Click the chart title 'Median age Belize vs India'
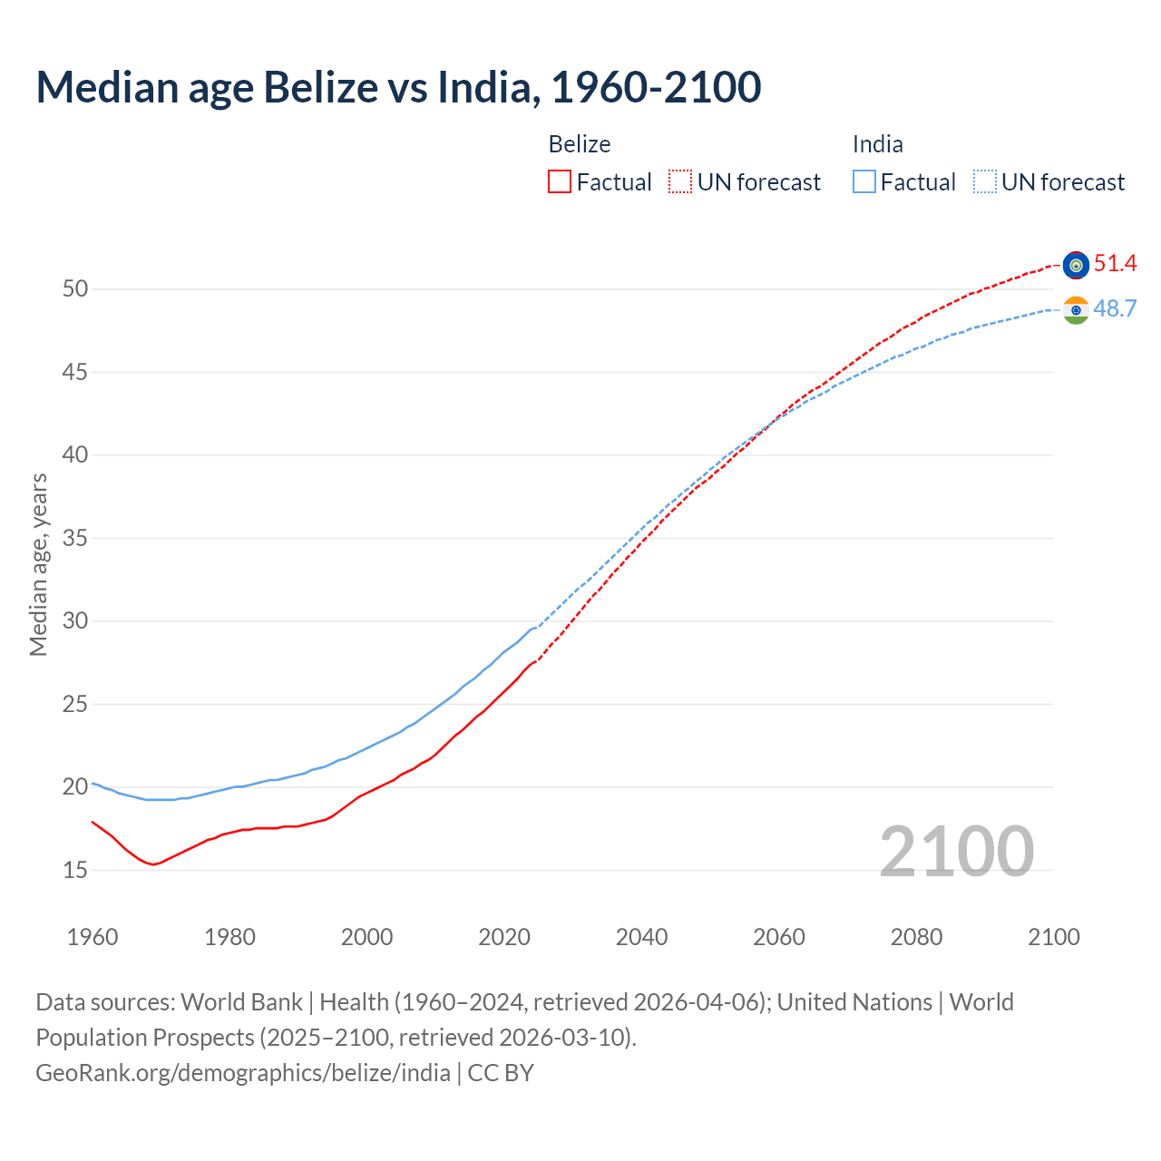point(398,87)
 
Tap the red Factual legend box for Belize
point(560,182)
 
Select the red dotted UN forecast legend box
point(680,182)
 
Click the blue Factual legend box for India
point(864,182)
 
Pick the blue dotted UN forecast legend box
point(985,182)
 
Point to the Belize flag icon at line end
point(1076,265)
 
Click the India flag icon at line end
point(1076,310)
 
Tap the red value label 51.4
point(1115,264)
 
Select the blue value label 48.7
point(1115,309)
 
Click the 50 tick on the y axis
point(75,289)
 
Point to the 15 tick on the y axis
point(75,871)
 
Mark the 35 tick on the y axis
point(75,539)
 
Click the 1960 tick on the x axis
point(93,937)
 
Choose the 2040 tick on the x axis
point(641,937)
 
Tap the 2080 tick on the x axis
point(916,937)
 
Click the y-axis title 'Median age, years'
point(38,564)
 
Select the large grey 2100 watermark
point(956,852)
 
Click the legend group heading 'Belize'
point(580,144)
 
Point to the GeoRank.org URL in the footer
point(243,1073)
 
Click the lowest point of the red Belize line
point(153,864)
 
